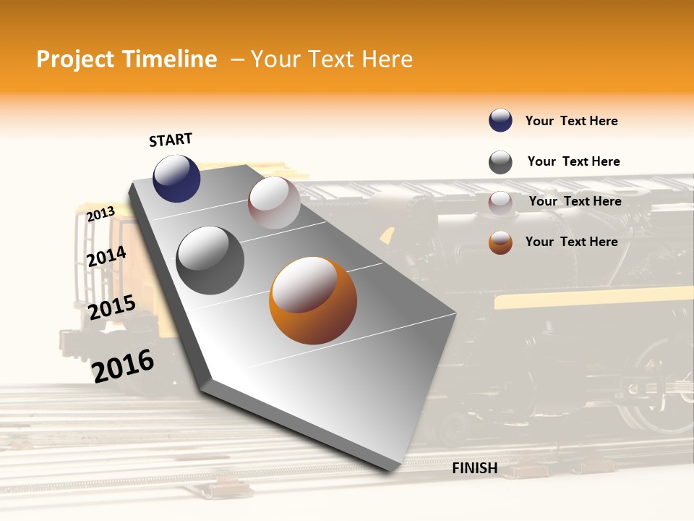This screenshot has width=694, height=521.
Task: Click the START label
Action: [171, 139]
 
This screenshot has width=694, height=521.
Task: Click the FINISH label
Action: [474, 468]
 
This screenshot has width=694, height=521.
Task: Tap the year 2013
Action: [100, 213]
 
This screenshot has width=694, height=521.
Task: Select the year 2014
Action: [106, 256]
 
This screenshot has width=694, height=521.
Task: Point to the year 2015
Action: [111, 308]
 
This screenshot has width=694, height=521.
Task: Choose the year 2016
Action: [123, 365]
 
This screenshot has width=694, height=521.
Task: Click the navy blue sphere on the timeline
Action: [176, 178]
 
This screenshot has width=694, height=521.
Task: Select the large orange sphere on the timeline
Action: [313, 300]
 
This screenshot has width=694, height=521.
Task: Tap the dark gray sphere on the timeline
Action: [210, 260]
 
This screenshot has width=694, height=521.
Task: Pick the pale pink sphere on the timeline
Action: [274, 203]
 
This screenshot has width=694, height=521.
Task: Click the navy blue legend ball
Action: [500, 120]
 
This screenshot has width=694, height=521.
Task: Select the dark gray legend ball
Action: [500, 162]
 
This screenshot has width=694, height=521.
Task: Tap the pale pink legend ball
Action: [500, 202]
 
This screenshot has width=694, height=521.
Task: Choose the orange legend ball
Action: [500, 242]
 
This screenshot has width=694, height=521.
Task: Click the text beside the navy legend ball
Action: [571, 121]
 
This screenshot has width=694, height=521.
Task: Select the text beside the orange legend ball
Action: [571, 242]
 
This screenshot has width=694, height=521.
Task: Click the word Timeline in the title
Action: [169, 59]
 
